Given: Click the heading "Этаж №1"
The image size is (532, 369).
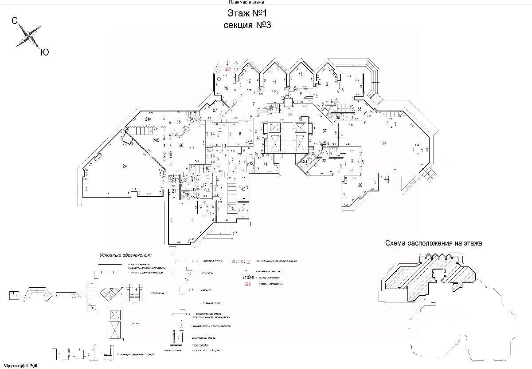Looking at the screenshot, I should coord(247,13).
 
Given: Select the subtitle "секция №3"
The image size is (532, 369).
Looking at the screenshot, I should coord(247,25).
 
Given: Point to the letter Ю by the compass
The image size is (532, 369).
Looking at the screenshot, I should coord(44,52).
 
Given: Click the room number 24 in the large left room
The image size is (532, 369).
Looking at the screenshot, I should coord(125,166).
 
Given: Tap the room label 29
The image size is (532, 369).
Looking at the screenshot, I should coord(384,143).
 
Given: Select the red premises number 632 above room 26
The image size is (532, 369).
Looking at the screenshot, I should coord(227,69).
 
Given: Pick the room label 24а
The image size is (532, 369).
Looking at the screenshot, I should coord(148,119).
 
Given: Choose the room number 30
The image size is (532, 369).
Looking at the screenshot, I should coord(360,185).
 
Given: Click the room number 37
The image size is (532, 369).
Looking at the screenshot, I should coord(325,131).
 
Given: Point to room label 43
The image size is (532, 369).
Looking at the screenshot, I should coord(243,189).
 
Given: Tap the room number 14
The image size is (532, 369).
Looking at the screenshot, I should coord(213,134).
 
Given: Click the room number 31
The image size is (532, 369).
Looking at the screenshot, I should coord(353,161).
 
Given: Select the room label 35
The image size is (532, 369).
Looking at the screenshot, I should coord(360,109).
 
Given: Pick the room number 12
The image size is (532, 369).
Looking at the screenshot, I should coord(249,81).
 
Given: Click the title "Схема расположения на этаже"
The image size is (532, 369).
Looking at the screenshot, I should coord(433,243).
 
